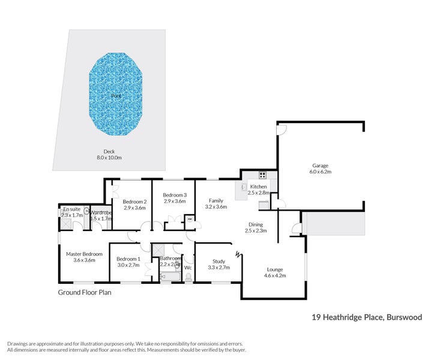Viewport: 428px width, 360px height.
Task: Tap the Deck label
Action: pyautogui.click(x=109, y=152)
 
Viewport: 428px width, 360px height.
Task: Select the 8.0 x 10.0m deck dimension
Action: pyautogui.click(x=109, y=158)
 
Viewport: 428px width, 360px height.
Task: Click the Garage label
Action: pyautogui.click(x=320, y=166)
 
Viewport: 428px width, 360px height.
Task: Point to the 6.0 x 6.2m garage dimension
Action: pyautogui.click(x=320, y=172)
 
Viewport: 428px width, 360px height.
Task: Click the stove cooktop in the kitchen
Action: pyautogui.click(x=262, y=175)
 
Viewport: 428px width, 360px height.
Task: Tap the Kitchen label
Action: pyautogui.click(x=259, y=187)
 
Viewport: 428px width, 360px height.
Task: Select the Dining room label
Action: pyautogui.click(x=256, y=224)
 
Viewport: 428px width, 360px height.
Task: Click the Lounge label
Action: pyautogui.click(x=275, y=269)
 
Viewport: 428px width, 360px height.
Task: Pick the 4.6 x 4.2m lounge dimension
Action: pyautogui.click(x=275, y=276)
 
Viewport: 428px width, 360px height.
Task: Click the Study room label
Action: pyautogui.click(x=219, y=261)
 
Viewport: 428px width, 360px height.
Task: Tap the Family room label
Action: pyautogui.click(x=216, y=200)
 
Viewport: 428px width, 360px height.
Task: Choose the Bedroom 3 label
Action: pyautogui.click(x=175, y=195)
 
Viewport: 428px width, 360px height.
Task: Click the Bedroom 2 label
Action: pyautogui.click(x=135, y=202)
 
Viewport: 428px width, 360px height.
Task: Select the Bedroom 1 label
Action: pyautogui.click(x=128, y=259)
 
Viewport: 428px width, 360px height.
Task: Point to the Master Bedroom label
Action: pyautogui.click(x=84, y=254)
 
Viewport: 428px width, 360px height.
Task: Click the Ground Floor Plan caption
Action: pyautogui.click(x=85, y=293)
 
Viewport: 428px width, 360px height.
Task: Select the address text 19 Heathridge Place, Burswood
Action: pyautogui.click(x=366, y=317)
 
